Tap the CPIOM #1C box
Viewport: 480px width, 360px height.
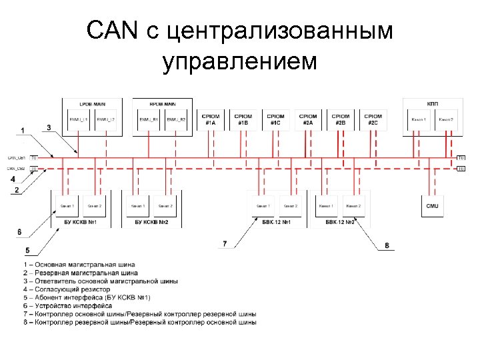[x=275, y=119]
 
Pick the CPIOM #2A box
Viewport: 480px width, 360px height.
[x=308, y=119]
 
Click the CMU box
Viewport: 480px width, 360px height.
[x=433, y=206]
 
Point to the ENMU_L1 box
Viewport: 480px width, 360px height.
[x=78, y=119]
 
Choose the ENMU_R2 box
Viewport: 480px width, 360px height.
[x=176, y=119]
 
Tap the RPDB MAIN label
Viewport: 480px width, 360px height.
[x=162, y=105]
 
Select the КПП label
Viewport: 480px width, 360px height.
[x=432, y=105]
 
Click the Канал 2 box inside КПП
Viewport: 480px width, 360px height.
[x=446, y=119]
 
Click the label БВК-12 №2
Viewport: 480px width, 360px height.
[x=341, y=221]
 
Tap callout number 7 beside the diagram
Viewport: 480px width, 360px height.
[x=225, y=244]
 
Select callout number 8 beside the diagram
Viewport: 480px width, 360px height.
[x=387, y=246]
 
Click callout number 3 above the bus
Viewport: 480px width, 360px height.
[x=49, y=127]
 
